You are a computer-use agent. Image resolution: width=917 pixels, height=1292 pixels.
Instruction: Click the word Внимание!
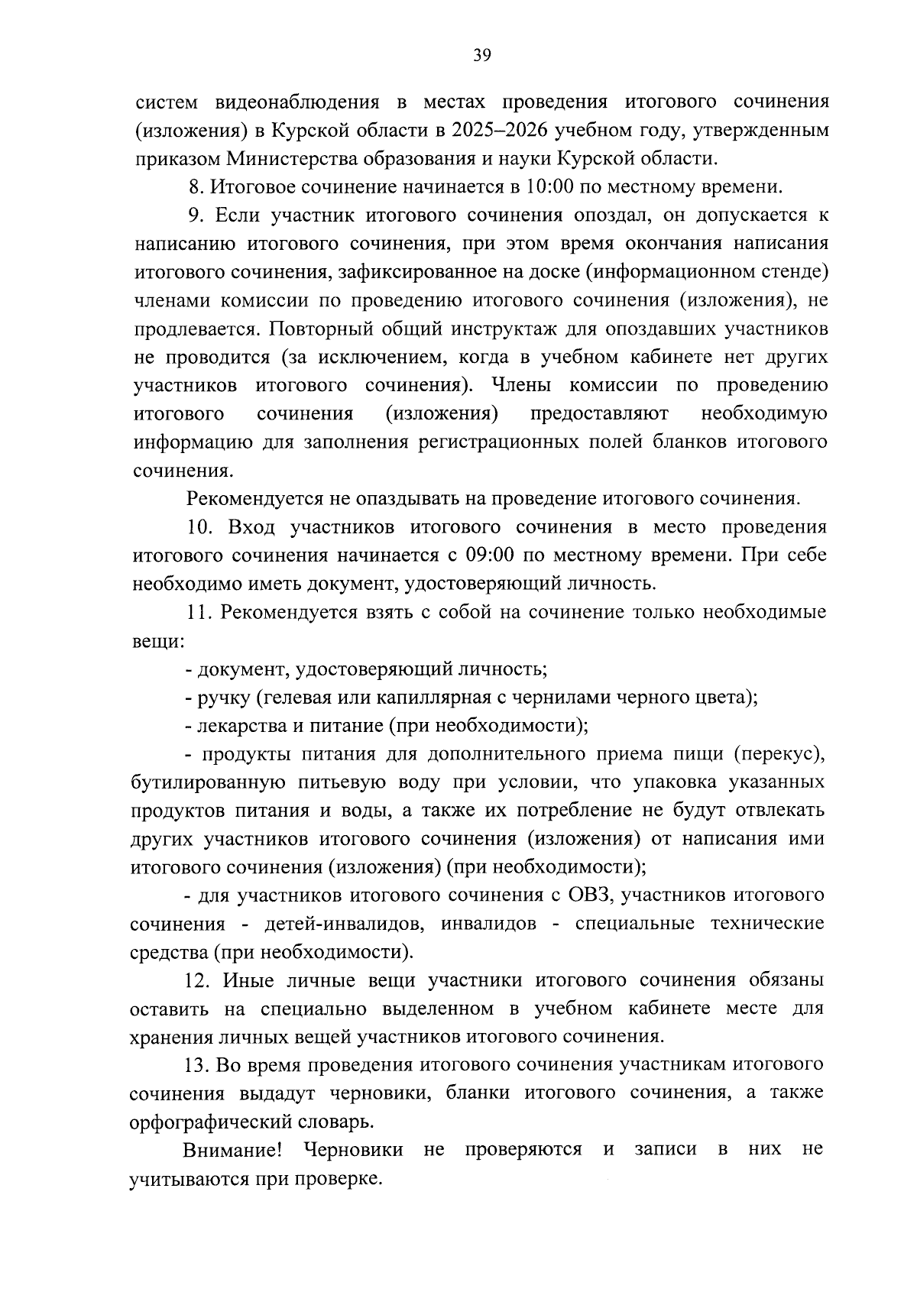233,1149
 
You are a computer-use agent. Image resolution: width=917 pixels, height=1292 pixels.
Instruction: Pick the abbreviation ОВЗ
591,895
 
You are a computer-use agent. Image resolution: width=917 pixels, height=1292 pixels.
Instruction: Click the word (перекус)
778,754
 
